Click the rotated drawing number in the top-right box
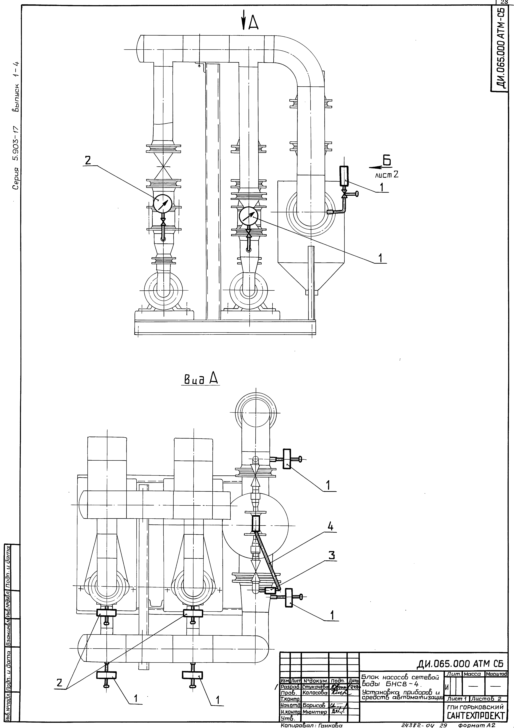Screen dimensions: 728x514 point(502,48)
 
